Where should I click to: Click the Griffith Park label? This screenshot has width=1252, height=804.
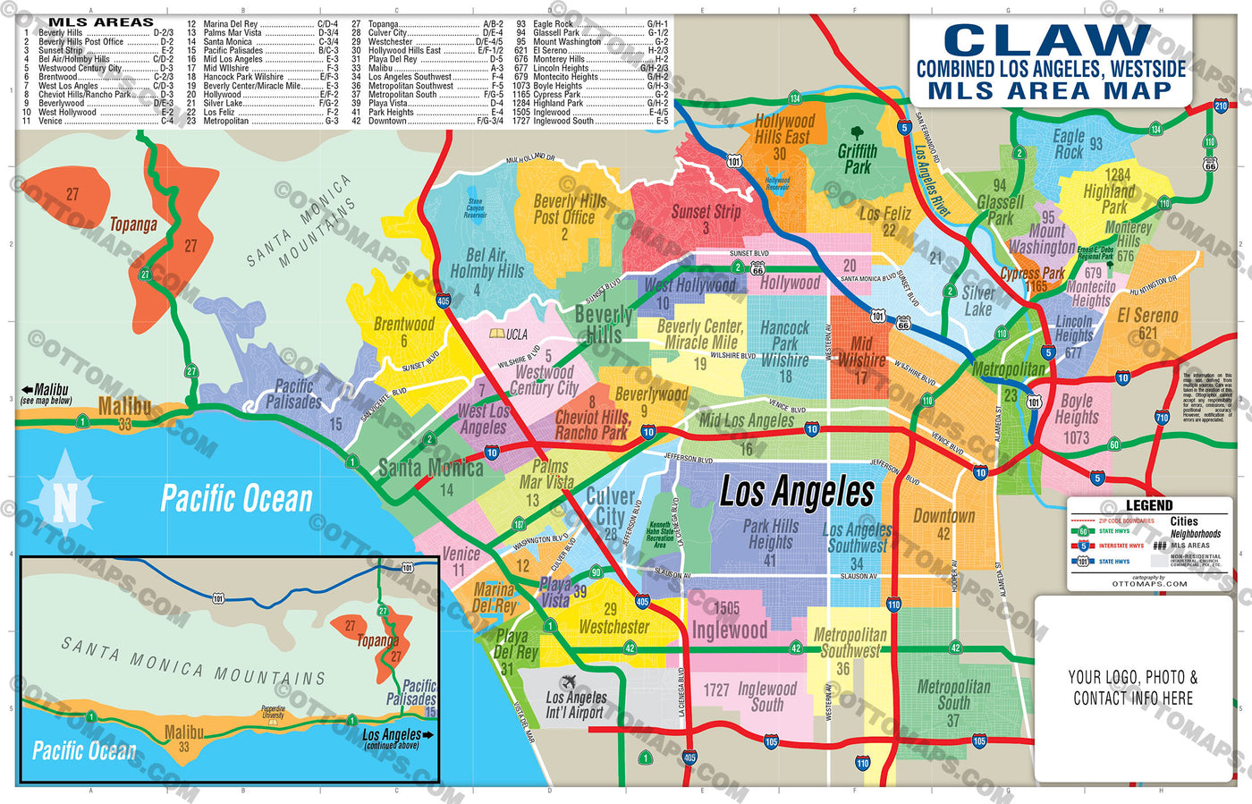[x=857, y=159]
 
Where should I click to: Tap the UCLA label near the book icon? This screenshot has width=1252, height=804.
[x=516, y=334]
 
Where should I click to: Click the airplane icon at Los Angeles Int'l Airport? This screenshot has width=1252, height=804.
[x=568, y=682]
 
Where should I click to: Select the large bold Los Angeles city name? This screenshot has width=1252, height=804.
[x=797, y=493]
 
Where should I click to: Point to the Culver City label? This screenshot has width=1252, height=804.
[x=610, y=506]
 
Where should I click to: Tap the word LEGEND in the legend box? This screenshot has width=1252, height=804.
[x=1148, y=505]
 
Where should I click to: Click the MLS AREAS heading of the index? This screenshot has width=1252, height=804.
[x=100, y=21]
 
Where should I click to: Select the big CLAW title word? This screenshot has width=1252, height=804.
[x=1047, y=40]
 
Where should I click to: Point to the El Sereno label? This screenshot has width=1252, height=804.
[x=1147, y=317]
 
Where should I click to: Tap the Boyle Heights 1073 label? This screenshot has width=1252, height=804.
[x=1077, y=418]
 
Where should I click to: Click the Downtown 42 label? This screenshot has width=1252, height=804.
[x=943, y=524]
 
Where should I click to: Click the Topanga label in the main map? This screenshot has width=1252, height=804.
[x=132, y=224]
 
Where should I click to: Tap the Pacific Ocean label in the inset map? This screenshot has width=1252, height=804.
[x=84, y=749]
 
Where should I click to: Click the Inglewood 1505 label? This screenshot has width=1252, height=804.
[x=729, y=621]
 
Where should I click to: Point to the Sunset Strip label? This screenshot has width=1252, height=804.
[x=706, y=213]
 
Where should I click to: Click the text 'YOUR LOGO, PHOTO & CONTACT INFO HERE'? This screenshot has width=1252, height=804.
[x=1132, y=687]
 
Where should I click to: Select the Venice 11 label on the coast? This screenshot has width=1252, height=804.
[x=461, y=560]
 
